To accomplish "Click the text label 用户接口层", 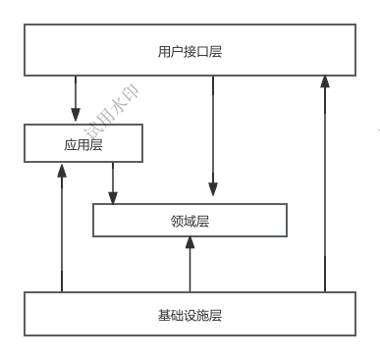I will pyautogui.click(x=190, y=51).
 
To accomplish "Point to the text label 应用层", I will pyautogui.click(x=83, y=144).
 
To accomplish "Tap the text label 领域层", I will pyautogui.click(x=190, y=221).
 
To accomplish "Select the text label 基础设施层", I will pyautogui.click(x=190, y=316).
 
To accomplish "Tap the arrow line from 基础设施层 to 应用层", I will pyautogui.click(x=62, y=235).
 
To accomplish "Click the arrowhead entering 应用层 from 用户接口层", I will pyautogui.click(x=76, y=118).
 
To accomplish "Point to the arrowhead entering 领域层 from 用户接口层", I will pyautogui.click(x=212, y=197).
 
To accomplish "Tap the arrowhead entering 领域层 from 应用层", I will pyautogui.click(x=113, y=197).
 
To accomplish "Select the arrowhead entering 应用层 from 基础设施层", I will pyautogui.click(x=62, y=170).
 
